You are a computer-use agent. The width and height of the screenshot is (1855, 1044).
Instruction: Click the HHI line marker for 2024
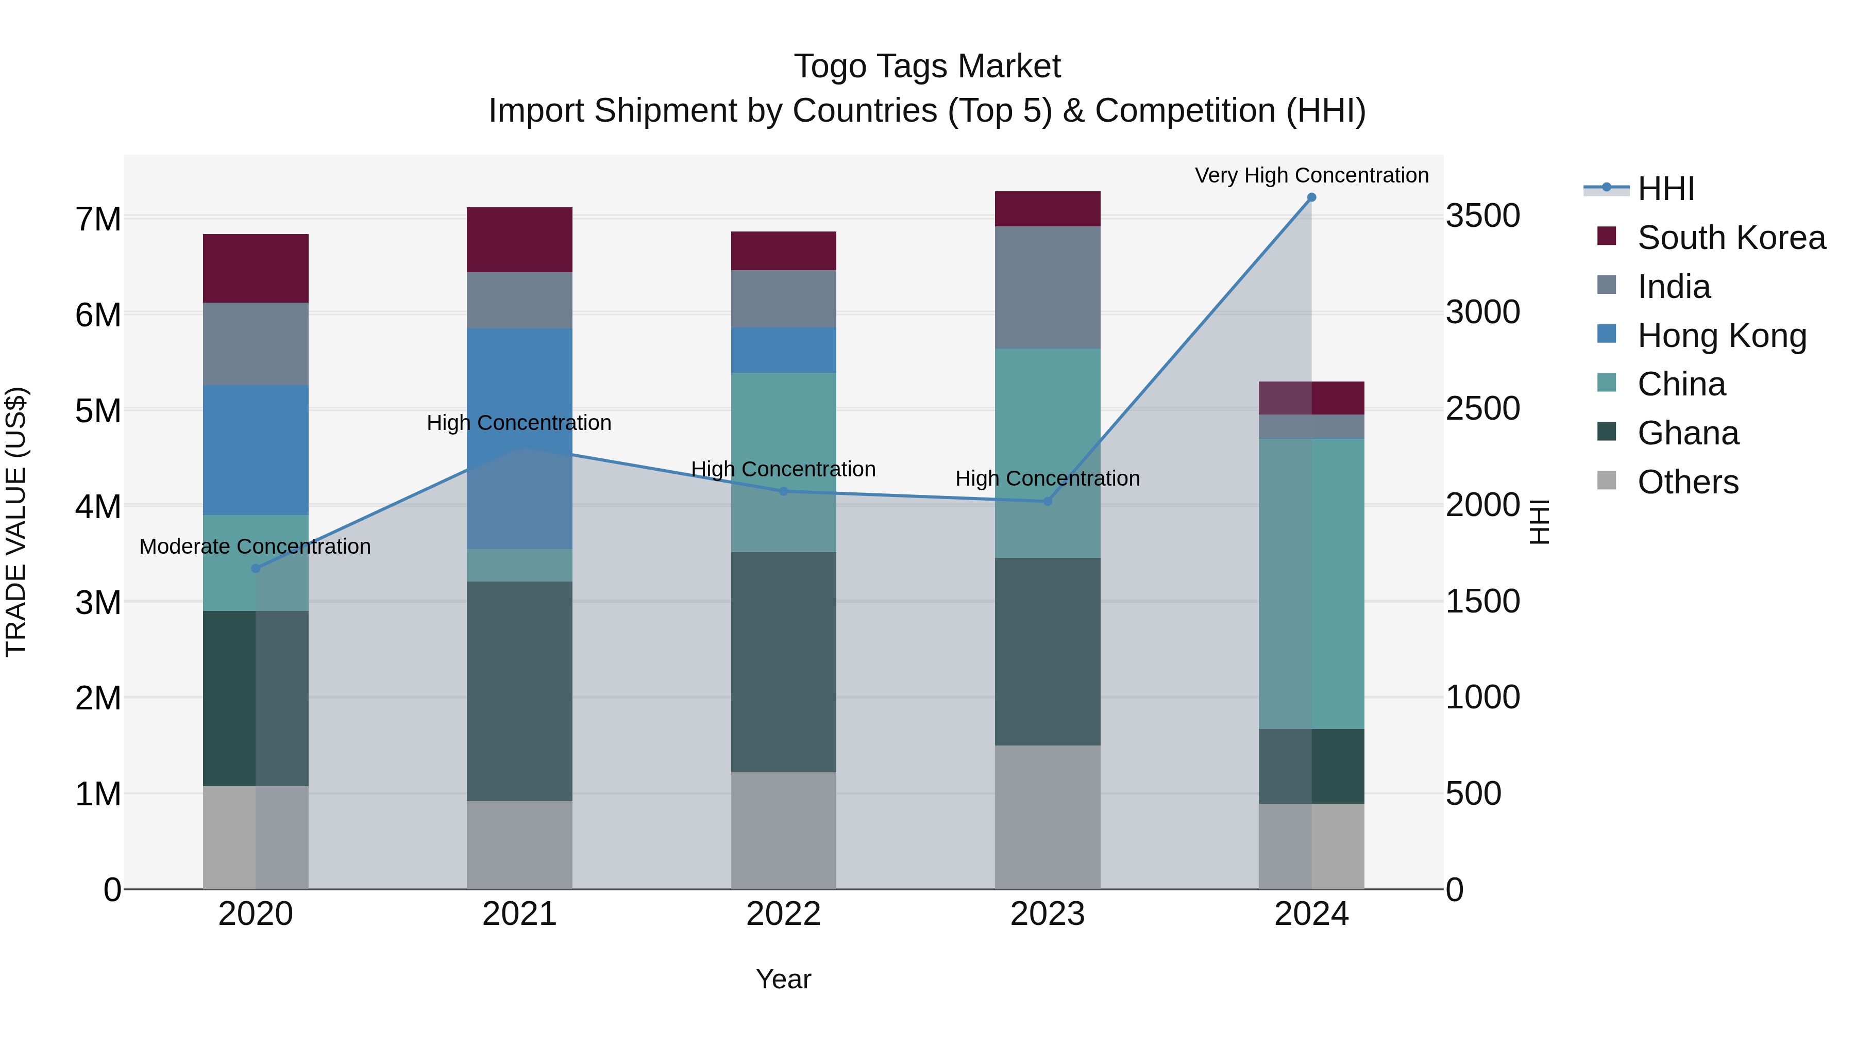pos(1311,197)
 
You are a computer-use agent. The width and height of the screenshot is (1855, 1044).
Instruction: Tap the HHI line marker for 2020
pos(256,569)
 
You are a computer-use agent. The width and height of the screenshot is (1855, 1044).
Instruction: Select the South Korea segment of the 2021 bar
pos(519,240)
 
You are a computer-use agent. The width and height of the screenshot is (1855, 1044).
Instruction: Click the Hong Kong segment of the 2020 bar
pos(256,450)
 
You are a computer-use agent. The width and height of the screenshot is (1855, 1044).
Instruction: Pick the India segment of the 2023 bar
pos(1048,288)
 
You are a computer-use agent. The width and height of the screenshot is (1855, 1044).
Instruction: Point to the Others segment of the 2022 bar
pos(783,830)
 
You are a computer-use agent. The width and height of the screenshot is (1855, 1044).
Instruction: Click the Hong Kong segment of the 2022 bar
pos(783,350)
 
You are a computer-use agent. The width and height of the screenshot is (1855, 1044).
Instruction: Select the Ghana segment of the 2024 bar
pos(1311,766)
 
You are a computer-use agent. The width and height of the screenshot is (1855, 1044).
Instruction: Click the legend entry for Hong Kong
pos(1722,336)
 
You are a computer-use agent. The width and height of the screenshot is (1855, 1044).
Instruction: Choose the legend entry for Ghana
pos(1688,434)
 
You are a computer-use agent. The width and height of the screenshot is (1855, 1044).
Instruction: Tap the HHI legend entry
pos(1665,189)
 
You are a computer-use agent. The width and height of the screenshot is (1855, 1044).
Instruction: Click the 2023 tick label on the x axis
pos(1048,914)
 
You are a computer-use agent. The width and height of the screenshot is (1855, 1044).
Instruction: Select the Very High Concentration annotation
pos(1311,175)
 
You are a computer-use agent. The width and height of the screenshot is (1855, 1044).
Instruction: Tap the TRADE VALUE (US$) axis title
pos(16,522)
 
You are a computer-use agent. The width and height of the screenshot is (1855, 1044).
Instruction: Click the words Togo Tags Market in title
pos(927,67)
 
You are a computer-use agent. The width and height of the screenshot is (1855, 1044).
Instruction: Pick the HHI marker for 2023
pos(1048,502)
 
